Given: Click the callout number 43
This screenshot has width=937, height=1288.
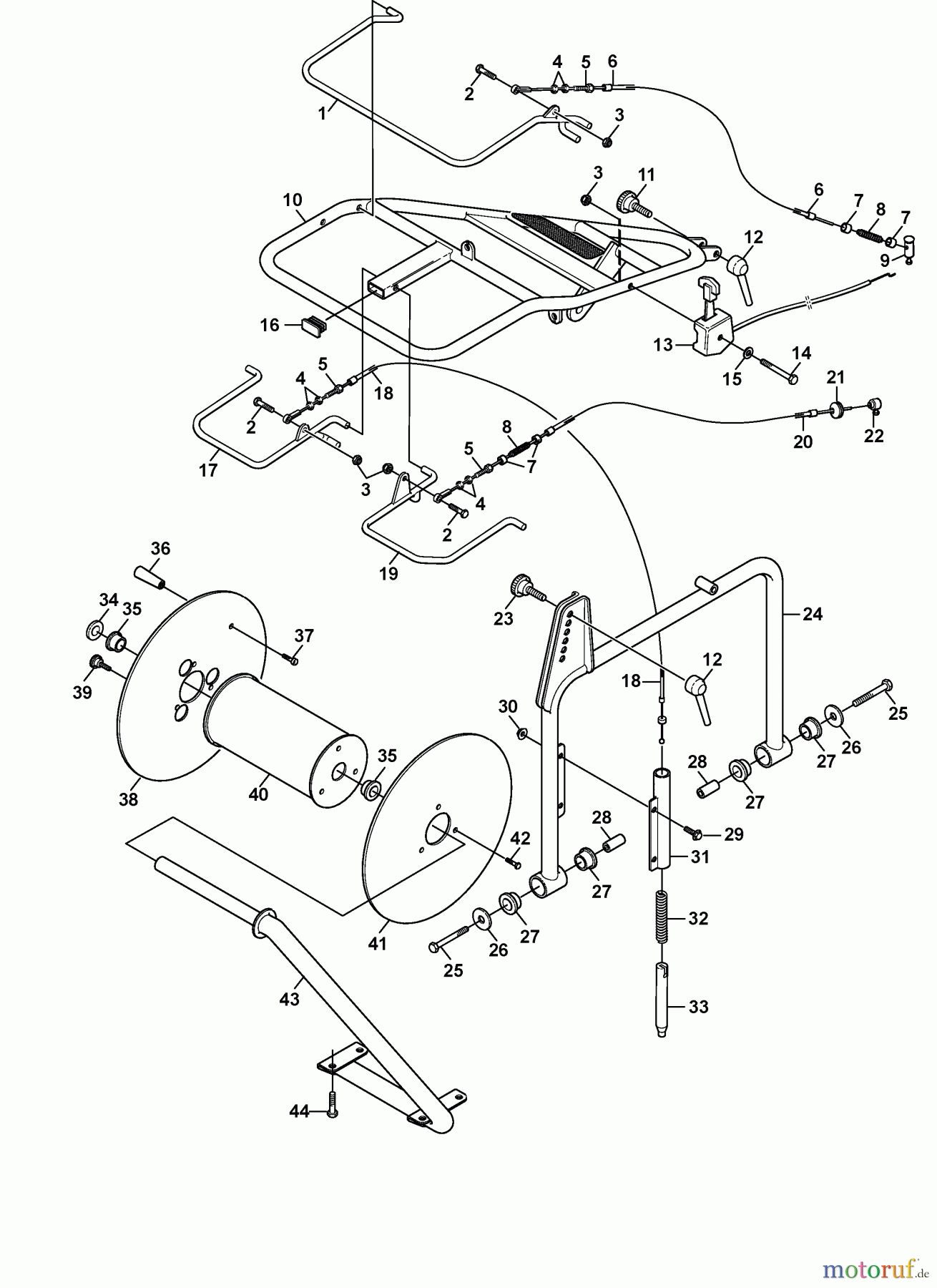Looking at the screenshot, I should coord(289,999).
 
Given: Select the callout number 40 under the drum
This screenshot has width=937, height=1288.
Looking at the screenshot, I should coord(258,794).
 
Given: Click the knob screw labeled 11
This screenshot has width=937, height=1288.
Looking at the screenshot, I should coord(636,205).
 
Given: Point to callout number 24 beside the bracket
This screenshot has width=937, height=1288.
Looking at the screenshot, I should coord(813,614).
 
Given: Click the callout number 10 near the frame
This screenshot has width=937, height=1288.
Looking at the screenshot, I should coord(293,200).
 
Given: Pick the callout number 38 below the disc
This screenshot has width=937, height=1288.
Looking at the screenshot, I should coord(128,799).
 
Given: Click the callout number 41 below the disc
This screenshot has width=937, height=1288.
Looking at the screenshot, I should coord(377,943).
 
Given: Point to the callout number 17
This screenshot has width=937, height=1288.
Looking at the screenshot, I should coord(208,470).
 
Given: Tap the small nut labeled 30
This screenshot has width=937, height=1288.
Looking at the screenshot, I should coord(522,733).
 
